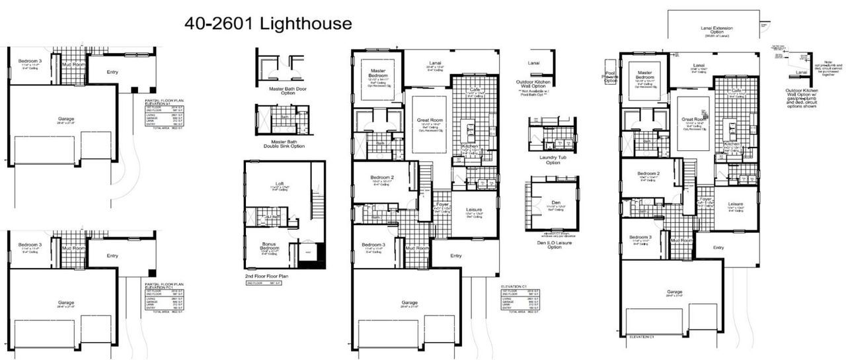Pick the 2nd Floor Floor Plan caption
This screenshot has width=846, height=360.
click(x=271, y=275)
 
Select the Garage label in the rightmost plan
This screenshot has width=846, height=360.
click(x=674, y=291)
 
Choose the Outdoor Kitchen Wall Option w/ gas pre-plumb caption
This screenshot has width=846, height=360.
click(x=802, y=99)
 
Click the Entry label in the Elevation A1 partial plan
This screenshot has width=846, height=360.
click(x=112, y=71)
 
